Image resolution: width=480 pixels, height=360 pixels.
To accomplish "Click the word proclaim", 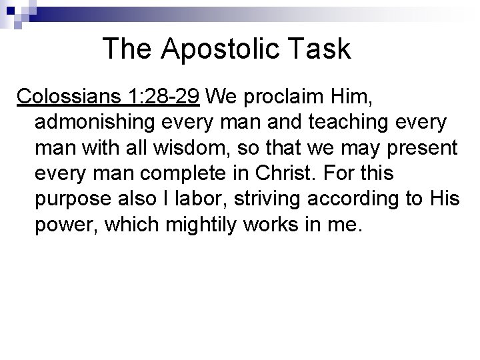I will point(282,97).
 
